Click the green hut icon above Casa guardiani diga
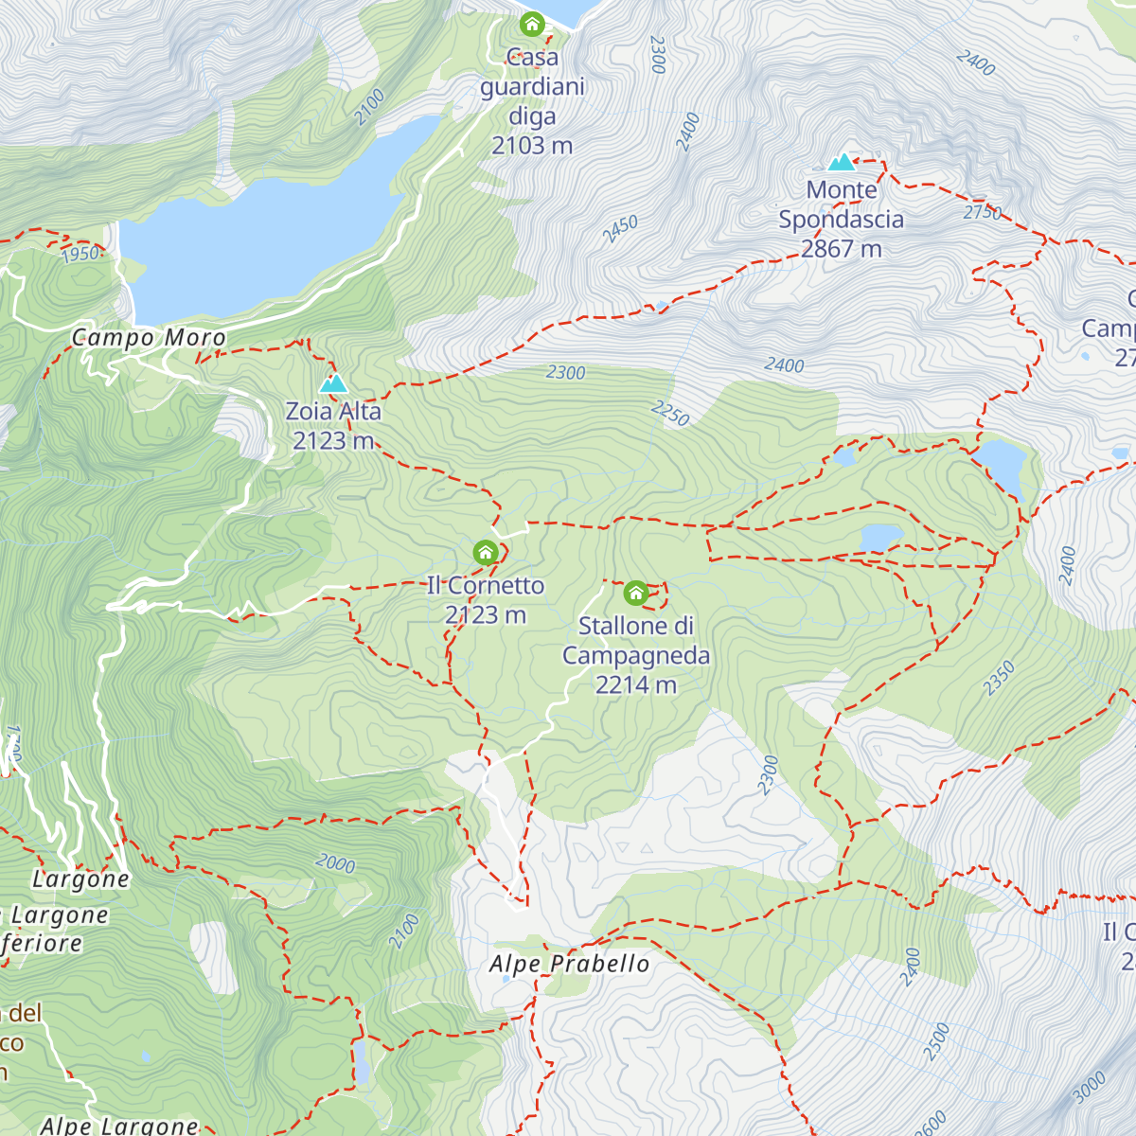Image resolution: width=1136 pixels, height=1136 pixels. (x=532, y=23)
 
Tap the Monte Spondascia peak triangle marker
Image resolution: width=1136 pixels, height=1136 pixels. (x=841, y=162)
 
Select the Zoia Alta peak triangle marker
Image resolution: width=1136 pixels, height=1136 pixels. (x=333, y=383)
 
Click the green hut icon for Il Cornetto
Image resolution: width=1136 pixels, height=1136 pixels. (x=485, y=552)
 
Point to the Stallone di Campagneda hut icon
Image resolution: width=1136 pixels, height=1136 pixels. (x=635, y=594)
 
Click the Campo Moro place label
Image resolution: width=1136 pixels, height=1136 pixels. (x=149, y=338)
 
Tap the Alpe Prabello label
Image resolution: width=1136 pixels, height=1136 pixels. (x=569, y=964)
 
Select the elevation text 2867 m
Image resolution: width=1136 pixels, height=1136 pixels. (x=841, y=249)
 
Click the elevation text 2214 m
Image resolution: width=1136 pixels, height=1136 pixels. (x=635, y=684)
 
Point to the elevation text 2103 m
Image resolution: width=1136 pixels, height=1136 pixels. (x=532, y=146)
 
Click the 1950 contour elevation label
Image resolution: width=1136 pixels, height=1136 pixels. (x=80, y=254)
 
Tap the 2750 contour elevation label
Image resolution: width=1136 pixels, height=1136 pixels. (x=983, y=212)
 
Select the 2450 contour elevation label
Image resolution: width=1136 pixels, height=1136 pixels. (x=620, y=229)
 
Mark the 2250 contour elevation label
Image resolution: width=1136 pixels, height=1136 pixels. (x=670, y=413)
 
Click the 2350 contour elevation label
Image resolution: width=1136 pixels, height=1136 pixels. (x=999, y=679)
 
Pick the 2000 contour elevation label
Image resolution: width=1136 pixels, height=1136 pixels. (x=335, y=862)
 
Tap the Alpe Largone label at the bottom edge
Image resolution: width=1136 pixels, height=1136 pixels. (x=119, y=1125)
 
